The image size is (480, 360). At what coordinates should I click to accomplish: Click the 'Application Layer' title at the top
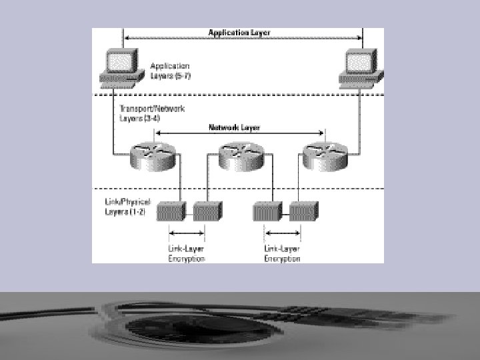point(239,33)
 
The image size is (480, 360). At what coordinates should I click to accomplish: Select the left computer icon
point(122,67)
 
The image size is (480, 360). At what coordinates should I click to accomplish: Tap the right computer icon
point(360,67)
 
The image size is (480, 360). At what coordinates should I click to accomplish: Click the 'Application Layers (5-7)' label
point(171,70)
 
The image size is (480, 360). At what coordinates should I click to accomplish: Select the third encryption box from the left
point(267,211)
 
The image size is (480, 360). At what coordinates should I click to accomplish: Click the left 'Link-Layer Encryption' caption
point(186,253)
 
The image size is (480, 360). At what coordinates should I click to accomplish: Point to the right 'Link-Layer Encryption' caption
point(283,253)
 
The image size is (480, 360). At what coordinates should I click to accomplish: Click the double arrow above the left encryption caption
point(186,233)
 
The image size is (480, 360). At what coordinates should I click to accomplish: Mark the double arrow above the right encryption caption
point(283,233)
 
